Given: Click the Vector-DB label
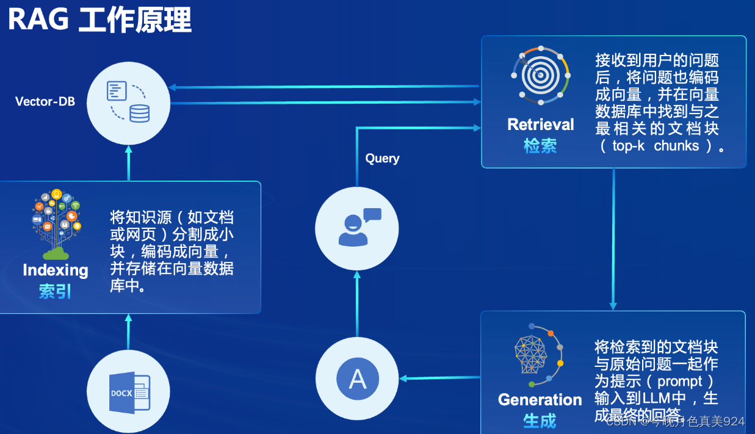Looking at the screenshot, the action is coord(45,101).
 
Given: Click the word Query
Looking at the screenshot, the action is coord(382,158).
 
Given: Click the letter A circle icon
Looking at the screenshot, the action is coord(357,378).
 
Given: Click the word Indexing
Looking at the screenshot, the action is coord(56,270).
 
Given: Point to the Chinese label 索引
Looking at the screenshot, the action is coord(56,292).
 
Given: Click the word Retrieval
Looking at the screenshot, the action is coord(541,125).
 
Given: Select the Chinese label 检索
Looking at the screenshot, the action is coord(541,146).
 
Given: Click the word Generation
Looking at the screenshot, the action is coord(540,400).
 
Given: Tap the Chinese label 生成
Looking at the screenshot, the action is coord(540,421).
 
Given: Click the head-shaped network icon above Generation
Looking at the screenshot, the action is coord(537,355).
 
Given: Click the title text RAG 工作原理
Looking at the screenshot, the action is coord(100,20).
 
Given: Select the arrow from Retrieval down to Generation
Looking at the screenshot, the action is coord(613,238).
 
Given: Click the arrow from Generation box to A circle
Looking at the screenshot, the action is coord(439,378).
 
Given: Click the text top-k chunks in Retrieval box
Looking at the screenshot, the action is coord(656,146).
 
